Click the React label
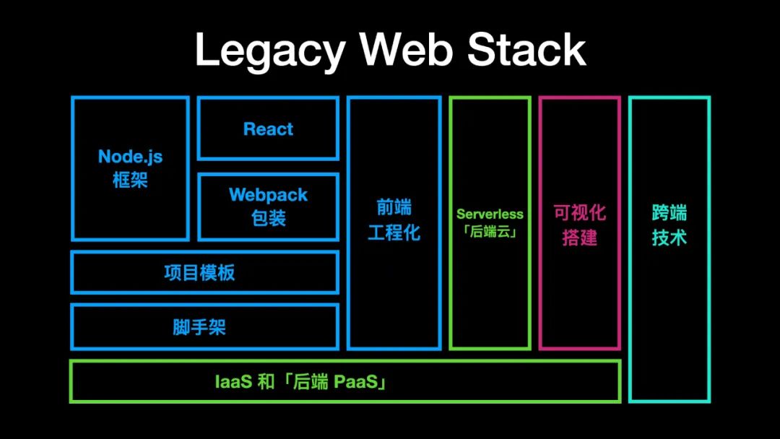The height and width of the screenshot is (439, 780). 268,129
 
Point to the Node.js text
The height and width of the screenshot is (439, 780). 131,157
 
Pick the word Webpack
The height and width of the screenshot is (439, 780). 268,195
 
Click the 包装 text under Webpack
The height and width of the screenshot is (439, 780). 268,218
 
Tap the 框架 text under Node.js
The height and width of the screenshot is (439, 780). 131,180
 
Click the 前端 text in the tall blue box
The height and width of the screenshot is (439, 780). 394,209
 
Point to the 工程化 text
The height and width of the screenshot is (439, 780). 394,233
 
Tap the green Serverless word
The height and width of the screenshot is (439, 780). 490,214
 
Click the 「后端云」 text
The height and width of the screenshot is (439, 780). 490,232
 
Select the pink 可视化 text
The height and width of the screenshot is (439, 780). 580,213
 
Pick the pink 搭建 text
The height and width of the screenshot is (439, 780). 580,238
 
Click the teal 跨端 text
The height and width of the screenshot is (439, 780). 669,213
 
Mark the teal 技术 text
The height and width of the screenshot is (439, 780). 669,238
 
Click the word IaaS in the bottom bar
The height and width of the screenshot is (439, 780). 233,381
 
